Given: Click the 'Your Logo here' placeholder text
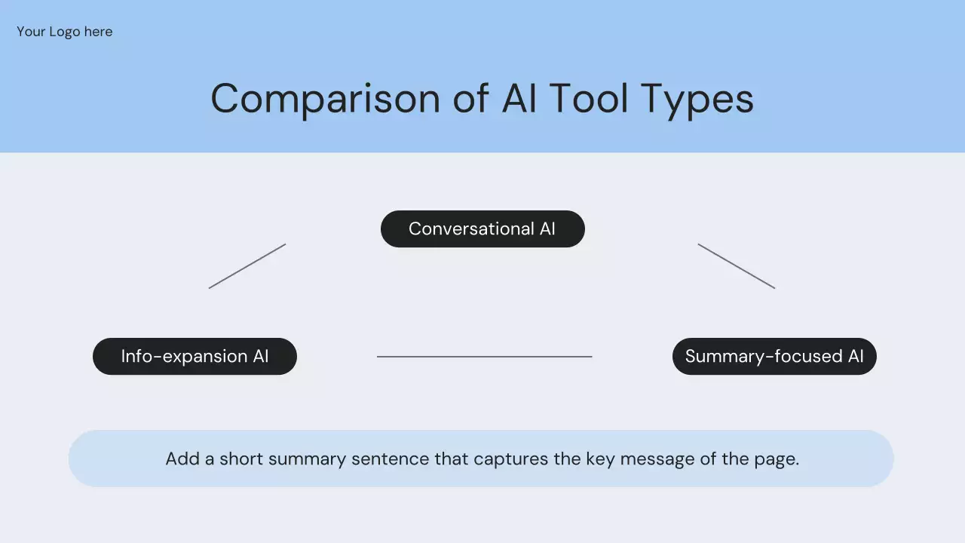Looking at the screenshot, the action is (x=65, y=32).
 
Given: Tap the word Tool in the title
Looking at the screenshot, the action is (x=589, y=99).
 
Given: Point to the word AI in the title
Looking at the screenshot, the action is (x=519, y=99).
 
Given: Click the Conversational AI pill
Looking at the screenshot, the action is (x=482, y=229).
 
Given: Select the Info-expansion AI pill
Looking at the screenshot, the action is (x=195, y=357).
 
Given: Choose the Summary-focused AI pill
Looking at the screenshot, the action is (x=774, y=357).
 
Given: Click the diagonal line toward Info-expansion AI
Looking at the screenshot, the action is (x=247, y=266).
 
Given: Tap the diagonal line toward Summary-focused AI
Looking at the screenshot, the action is (x=737, y=266).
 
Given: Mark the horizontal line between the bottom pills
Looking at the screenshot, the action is (x=484, y=357).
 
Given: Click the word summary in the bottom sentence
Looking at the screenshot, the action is (x=307, y=460).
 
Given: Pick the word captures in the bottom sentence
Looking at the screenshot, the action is (x=510, y=460).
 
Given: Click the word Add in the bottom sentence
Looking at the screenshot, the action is (x=182, y=459).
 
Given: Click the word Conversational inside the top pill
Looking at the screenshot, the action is (x=471, y=229).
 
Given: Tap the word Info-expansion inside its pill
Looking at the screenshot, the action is (x=184, y=357).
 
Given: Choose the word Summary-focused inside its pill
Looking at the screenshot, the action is (x=764, y=357).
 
